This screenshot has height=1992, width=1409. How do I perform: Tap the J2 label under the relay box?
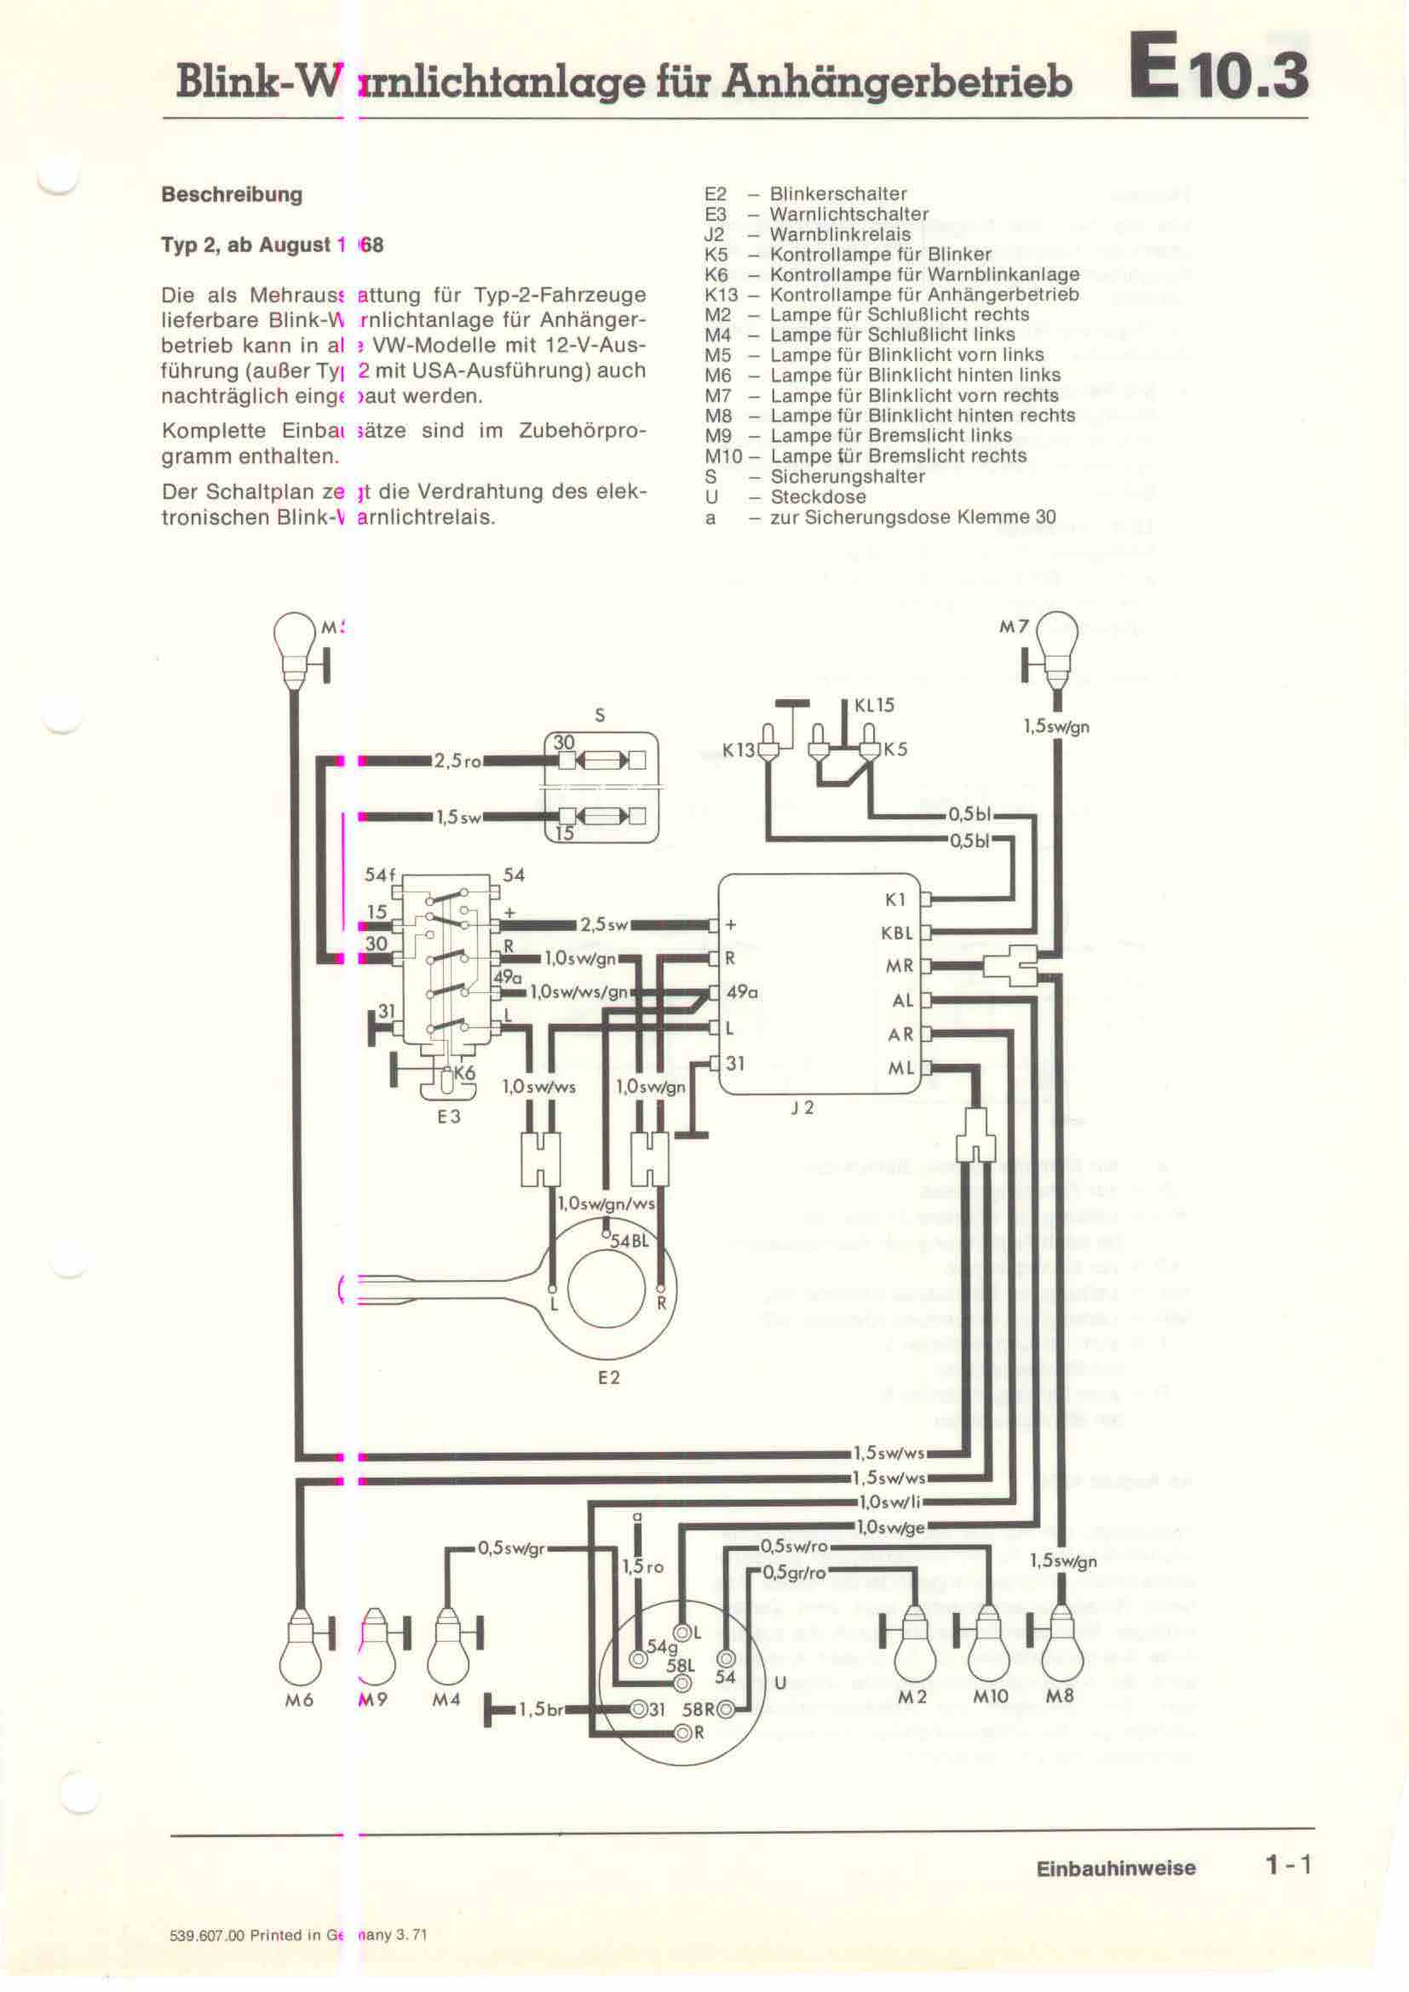click(x=802, y=1108)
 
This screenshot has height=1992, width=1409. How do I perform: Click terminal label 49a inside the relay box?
click(x=743, y=991)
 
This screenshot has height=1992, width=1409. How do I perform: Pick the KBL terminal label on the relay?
click(x=897, y=933)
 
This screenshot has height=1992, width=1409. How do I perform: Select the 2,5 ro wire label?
click(x=457, y=761)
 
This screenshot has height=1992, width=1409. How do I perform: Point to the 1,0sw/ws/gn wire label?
click(x=578, y=991)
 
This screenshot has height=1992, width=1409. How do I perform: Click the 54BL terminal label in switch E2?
click(x=629, y=1241)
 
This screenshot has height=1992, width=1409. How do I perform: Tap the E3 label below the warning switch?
click(x=449, y=1117)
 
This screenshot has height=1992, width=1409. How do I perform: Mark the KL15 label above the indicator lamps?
click(x=874, y=705)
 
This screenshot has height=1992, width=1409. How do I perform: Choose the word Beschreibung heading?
click(x=232, y=194)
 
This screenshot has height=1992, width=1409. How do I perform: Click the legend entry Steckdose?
click(x=817, y=497)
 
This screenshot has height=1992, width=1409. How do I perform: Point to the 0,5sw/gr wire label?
click(x=510, y=1547)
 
